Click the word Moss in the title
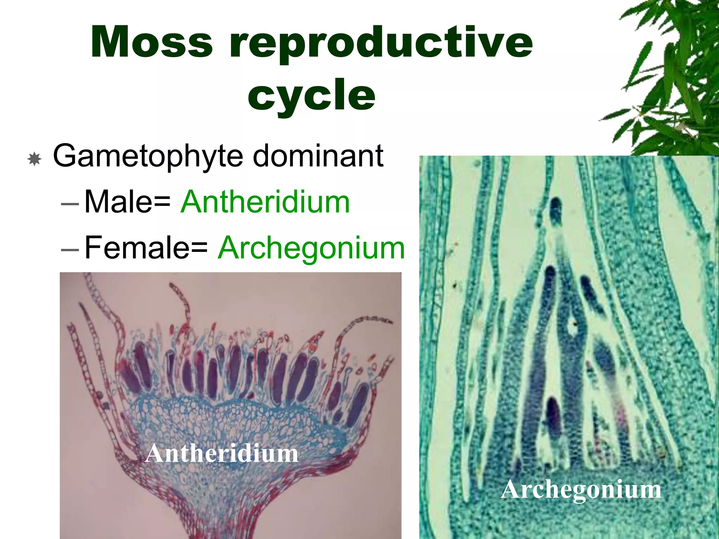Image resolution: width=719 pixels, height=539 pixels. coord(152,42)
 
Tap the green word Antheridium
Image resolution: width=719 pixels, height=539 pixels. coord(265,202)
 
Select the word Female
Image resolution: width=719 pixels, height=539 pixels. coord(137,247)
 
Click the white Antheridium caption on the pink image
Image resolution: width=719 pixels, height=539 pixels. coord(222,453)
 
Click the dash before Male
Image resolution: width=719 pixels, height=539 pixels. coord(70,203)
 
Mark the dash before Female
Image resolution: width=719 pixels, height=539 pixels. coord(70,249)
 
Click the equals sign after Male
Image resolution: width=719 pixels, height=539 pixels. coord(162,203)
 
